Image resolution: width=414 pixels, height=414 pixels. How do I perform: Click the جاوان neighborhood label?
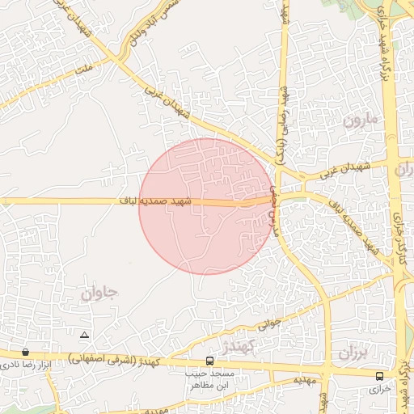99,293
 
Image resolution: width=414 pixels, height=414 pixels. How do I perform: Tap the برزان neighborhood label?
353,353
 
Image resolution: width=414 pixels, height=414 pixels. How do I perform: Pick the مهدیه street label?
302,379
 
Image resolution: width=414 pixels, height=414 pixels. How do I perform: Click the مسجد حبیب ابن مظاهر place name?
211,381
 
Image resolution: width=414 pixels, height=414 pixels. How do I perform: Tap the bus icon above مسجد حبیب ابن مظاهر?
210,361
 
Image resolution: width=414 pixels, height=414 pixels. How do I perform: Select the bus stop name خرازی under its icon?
380,389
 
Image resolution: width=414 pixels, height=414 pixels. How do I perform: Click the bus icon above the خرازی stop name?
380,375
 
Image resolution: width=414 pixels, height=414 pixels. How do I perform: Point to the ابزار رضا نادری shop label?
24,365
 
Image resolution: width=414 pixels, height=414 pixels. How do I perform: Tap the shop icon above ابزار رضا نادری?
26,353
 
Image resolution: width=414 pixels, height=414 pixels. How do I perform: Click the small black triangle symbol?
85,334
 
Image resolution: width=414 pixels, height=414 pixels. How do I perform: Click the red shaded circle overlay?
206,234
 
